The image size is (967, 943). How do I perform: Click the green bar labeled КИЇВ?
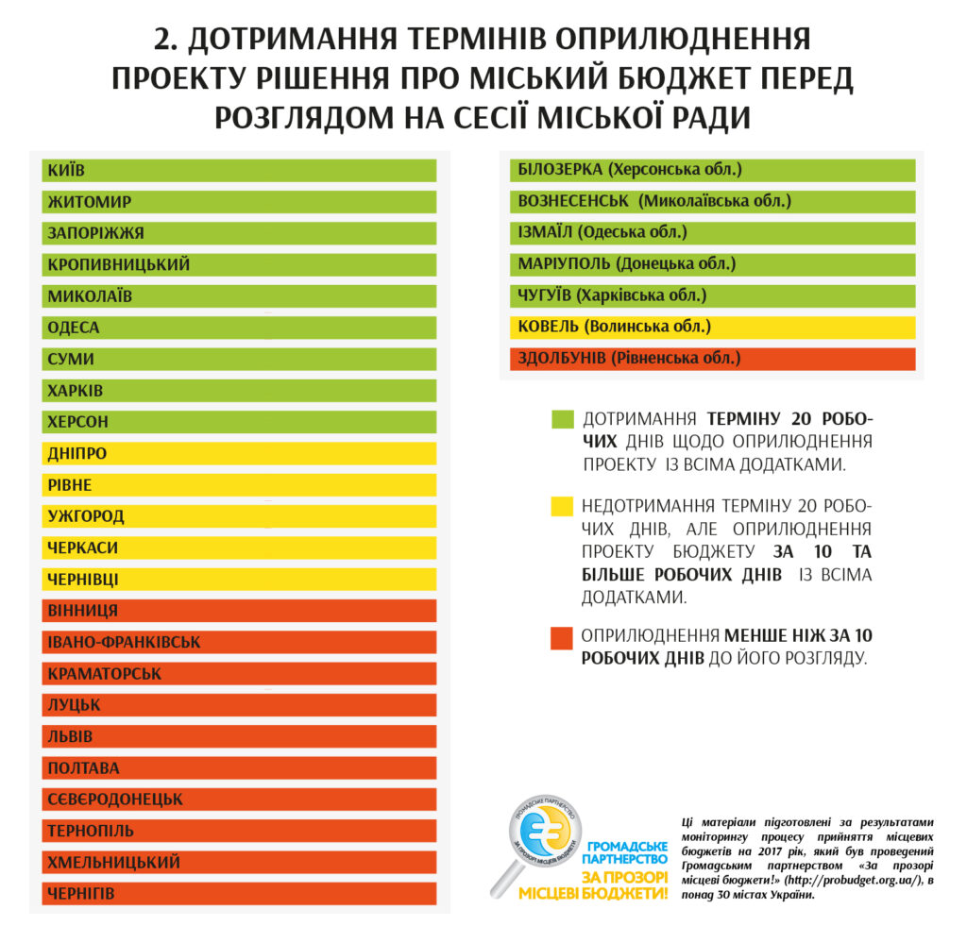(x=239, y=170)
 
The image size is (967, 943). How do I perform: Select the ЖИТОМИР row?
(x=239, y=202)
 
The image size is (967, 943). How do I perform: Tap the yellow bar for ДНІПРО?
(x=239, y=453)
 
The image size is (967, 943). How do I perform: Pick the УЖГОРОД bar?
(x=239, y=516)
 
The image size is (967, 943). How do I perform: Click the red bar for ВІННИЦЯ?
(x=239, y=611)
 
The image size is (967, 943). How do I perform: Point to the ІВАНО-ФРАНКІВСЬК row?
(x=239, y=643)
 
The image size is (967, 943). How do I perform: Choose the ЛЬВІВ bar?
(x=239, y=736)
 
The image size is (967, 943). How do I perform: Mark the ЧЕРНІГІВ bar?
(x=239, y=893)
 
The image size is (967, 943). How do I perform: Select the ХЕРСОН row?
(x=239, y=422)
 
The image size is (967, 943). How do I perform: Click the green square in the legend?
(x=563, y=419)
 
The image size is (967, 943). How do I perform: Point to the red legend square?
(x=563, y=639)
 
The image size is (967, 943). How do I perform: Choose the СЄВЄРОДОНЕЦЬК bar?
(x=239, y=800)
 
